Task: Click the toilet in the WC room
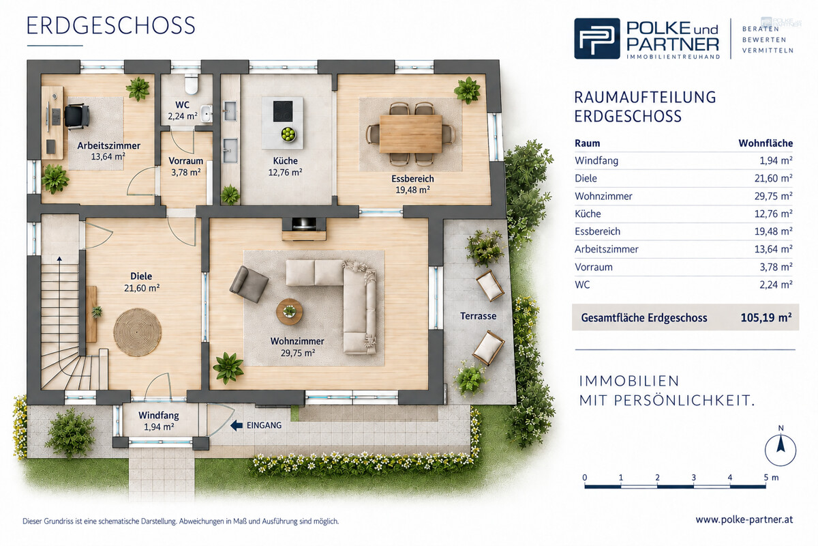(x=191, y=84)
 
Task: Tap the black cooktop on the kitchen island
(x=283, y=111)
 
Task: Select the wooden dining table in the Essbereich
(x=411, y=134)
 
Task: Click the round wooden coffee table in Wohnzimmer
(x=289, y=312)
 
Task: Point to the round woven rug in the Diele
(x=137, y=332)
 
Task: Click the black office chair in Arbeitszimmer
(x=77, y=116)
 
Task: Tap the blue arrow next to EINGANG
(x=237, y=425)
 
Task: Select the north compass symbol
(x=781, y=447)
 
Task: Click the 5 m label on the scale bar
(x=771, y=477)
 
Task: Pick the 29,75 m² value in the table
(x=774, y=196)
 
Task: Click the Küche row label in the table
(x=588, y=214)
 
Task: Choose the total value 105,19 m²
(x=766, y=317)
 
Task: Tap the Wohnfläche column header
(x=766, y=143)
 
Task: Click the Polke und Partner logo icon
(x=596, y=38)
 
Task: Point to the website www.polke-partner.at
(x=744, y=519)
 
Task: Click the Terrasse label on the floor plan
(x=478, y=316)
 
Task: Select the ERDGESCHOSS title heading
(x=111, y=26)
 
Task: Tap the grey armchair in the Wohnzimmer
(x=249, y=284)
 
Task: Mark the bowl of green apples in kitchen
(x=288, y=134)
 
